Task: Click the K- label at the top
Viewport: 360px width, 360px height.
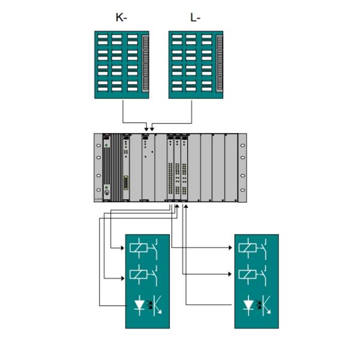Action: coord(121,18)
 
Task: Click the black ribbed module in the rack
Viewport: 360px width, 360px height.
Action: coord(107,167)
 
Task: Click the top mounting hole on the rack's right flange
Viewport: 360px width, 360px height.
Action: coord(242,142)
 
